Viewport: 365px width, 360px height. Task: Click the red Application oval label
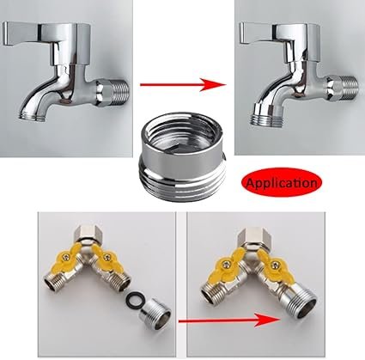click(282, 182)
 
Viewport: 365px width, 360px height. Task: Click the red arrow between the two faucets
click(183, 84)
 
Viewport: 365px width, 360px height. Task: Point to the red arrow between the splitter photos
click(228, 320)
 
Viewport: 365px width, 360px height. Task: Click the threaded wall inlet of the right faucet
click(343, 88)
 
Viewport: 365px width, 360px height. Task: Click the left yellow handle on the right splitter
click(229, 265)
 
